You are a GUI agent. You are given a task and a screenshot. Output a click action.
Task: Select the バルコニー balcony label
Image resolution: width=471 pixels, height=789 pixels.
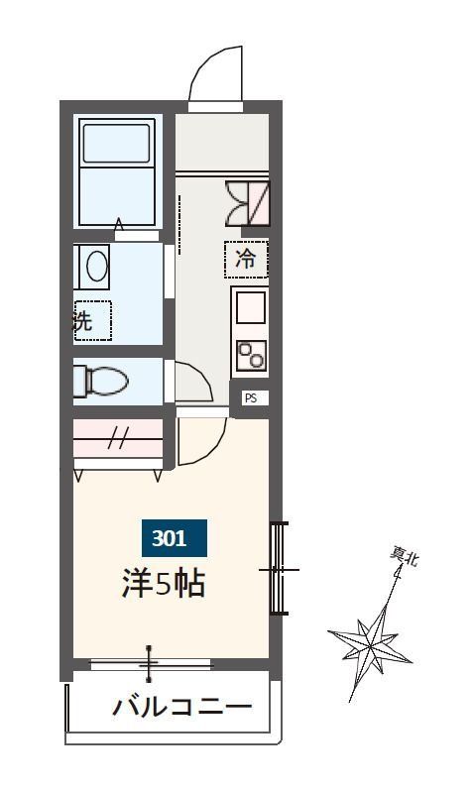pyautogui.click(x=181, y=708)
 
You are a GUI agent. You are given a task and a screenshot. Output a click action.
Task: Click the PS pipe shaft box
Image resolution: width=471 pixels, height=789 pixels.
pyautogui.click(x=250, y=398)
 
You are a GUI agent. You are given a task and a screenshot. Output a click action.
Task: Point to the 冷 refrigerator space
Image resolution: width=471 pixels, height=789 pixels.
pyautogui.click(x=246, y=261)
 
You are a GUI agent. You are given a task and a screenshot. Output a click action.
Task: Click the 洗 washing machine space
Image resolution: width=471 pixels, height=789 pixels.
pyautogui.click(x=91, y=320)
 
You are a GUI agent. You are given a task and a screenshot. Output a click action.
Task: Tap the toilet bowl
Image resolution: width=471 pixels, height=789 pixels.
pyautogui.click(x=102, y=381)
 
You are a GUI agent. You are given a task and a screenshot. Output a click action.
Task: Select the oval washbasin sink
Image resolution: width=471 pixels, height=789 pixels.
pyautogui.click(x=96, y=267)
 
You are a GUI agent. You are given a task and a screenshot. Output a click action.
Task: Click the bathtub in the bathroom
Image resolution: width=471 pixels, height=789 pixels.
pyautogui.click(x=118, y=173)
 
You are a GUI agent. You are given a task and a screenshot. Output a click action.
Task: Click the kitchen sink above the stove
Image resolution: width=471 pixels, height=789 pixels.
pyautogui.click(x=250, y=308)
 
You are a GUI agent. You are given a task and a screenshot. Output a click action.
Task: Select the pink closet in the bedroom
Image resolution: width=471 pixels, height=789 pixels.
pyautogui.click(x=118, y=439)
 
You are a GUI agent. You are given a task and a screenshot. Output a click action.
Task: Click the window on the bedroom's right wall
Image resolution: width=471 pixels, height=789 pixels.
pyautogui.click(x=279, y=569)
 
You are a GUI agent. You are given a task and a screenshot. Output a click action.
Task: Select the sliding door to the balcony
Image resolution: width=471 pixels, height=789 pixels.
pyautogui.click(x=150, y=663)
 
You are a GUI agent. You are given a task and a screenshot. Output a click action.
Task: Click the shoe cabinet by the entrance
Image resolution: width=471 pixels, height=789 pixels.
pyautogui.click(x=246, y=202)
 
